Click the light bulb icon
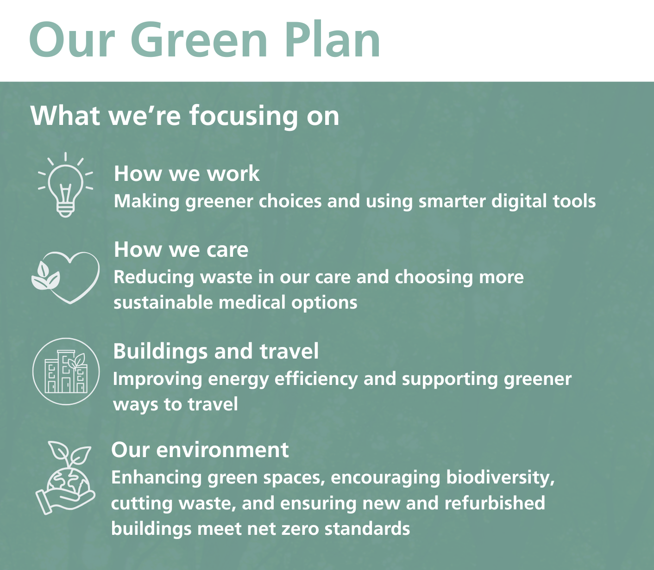click(x=65, y=185)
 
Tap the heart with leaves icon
click(x=66, y=277)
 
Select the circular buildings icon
click(x=66, y=372)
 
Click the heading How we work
click(x=187, y=173)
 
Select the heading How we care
click(x=181, y=249)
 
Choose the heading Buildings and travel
click(x=216, y=351)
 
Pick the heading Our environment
click(x=200, y=450)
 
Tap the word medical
click(x=252, y=303)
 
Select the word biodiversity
click(x=500, y=477)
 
